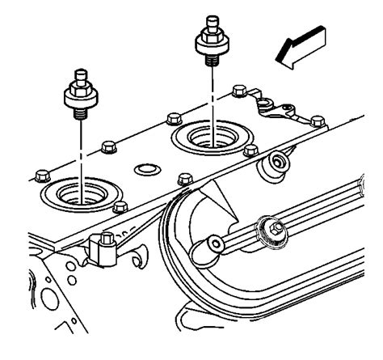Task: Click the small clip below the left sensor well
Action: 103,244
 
